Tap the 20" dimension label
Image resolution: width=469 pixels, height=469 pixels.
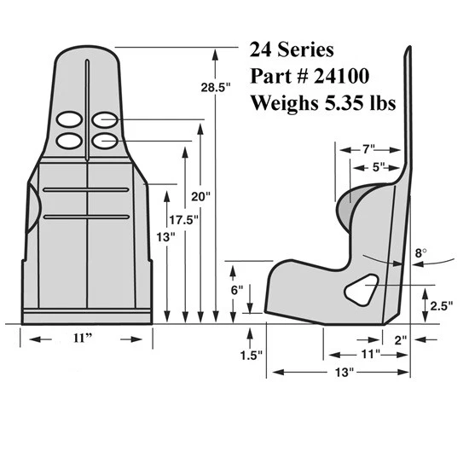[200, 195]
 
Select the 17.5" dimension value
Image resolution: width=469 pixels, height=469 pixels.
[179, 220]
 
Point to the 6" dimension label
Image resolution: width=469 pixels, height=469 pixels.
[238, 289]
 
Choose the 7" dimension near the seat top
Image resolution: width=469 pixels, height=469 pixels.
[368, 149]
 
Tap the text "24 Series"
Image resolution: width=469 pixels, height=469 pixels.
[287, 48]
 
